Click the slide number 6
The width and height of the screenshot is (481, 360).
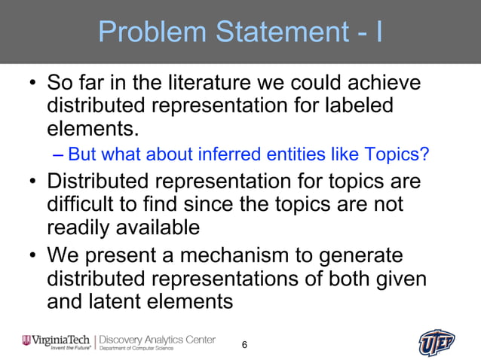244,344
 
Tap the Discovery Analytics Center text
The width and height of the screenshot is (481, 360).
158,339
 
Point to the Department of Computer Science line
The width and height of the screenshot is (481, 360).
136,349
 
